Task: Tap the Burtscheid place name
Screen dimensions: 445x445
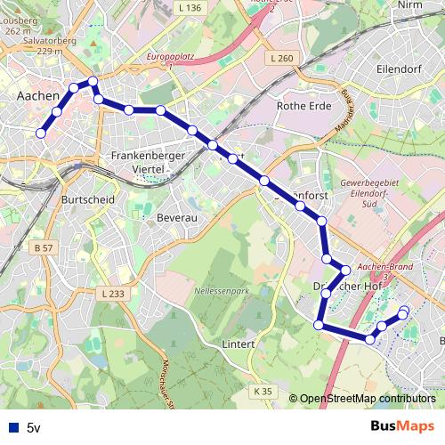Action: pos(87,200)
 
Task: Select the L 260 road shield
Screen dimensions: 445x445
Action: pos(279,59)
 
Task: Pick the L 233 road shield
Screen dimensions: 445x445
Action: pos(113,294)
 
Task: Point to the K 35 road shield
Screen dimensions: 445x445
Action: pos(262,391)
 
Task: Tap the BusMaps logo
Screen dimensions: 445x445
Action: pos(401,426)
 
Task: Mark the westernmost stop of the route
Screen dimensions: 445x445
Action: pos(40,133)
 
